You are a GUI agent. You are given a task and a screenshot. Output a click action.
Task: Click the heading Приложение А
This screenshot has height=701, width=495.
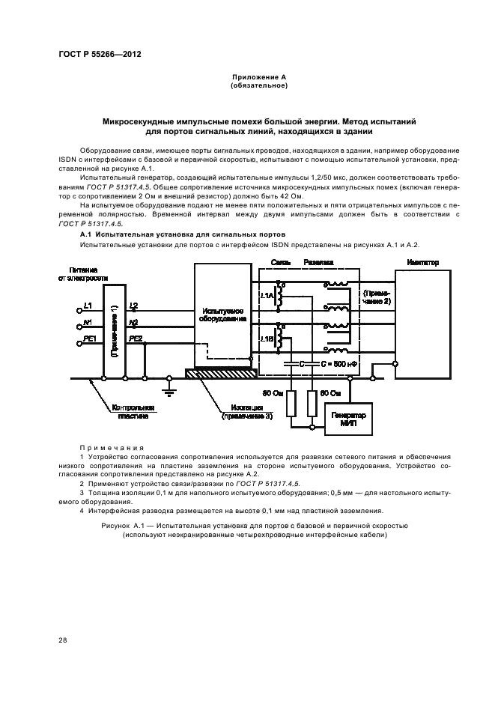247,78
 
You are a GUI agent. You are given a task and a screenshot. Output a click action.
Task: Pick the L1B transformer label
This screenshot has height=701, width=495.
267,339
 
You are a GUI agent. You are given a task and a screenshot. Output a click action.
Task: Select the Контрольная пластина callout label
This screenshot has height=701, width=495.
133,411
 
